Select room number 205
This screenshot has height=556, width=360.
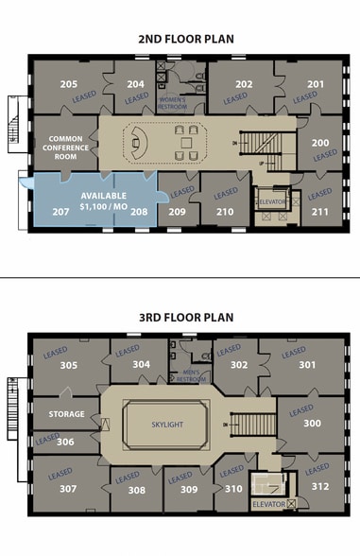pyautogui.click(x=69, y=85)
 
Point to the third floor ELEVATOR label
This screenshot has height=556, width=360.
pyautogui.click(x=268, y=505)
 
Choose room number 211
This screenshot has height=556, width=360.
pyautogui.click(x=320, y=211)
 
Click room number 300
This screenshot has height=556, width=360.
pyautogui.click(x=312, y=425)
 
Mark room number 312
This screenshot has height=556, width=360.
pyautogui.click(x=320, y=487)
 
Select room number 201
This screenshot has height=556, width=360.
pyautogui.click(x=315, y=84)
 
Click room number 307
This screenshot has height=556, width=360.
pyautogui.click(x=67, y=489)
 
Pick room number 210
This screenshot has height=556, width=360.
pyautogui.click(x=225, y=212)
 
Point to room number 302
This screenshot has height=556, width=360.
pyautogui.click(x=239, y=364)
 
